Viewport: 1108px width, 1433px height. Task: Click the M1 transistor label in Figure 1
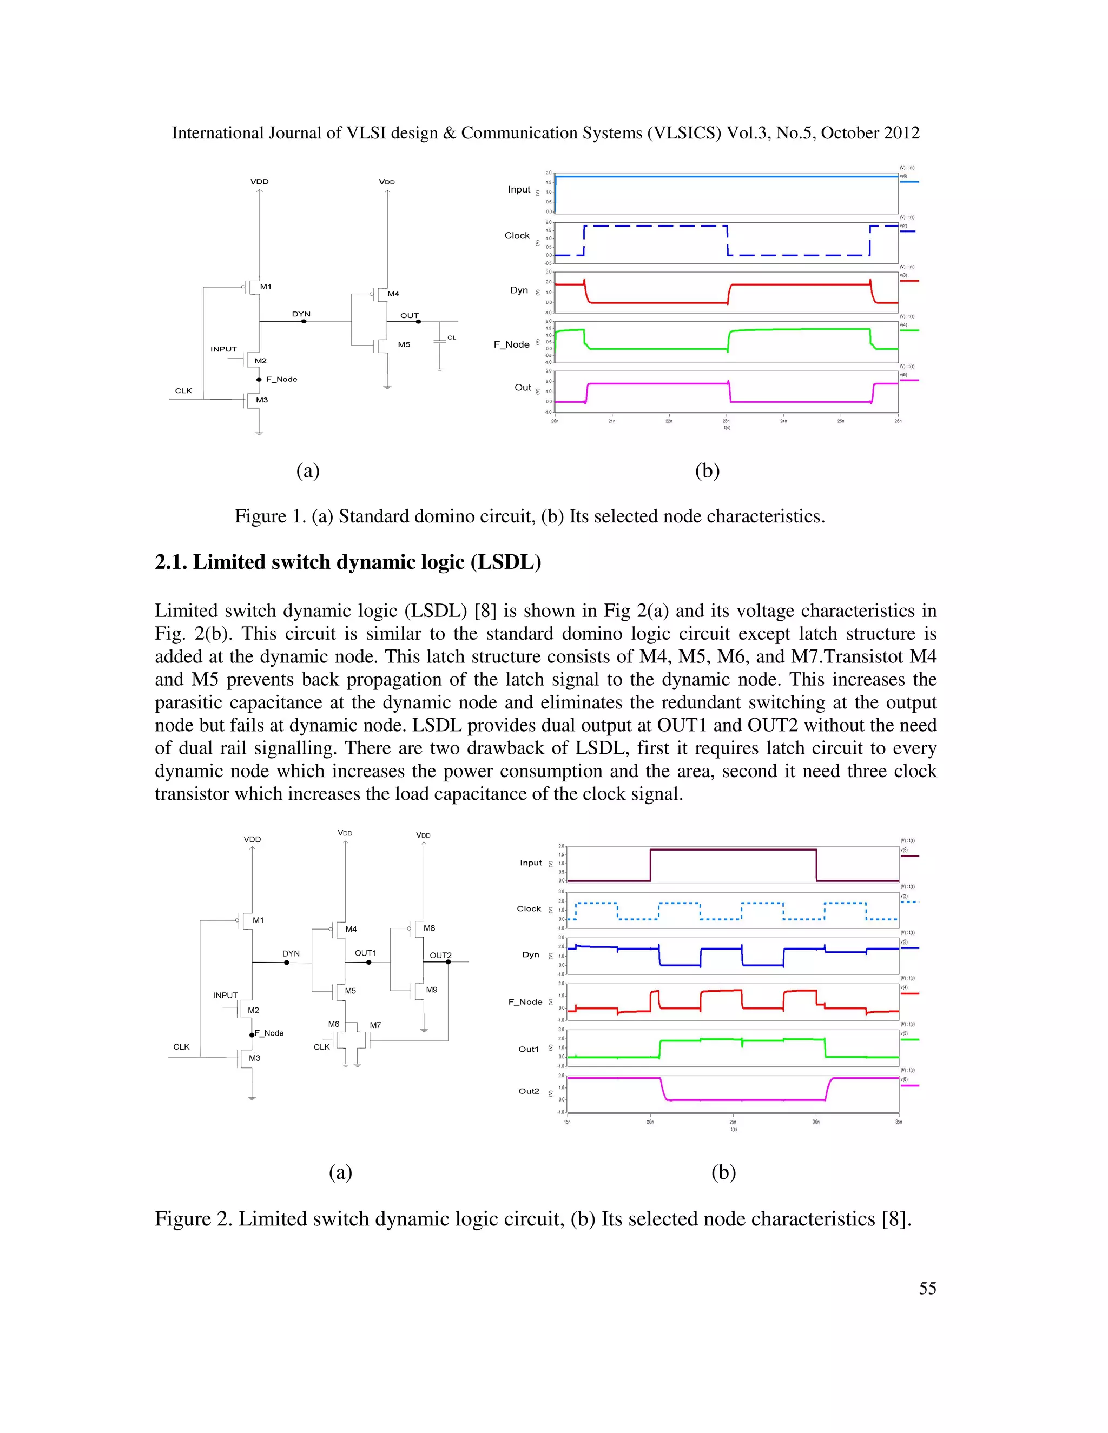(x=265, y=287)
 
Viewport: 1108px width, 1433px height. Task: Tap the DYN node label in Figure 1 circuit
(x=301, y=314)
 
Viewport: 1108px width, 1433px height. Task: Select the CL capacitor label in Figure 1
(x=452, y=337)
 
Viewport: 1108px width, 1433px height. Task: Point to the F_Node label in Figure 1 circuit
(x=281, y=379)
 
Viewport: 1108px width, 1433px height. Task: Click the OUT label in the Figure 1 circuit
(x=410, y=316)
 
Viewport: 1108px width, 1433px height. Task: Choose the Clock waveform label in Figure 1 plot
(x=517, y=236)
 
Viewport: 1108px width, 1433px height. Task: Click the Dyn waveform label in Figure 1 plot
(x=519, y=290)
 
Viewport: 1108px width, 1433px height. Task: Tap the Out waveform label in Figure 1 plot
(x=523, y=388)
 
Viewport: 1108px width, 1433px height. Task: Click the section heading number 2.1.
(x=170, y=562)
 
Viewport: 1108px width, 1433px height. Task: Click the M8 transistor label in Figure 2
(x=429, y=928)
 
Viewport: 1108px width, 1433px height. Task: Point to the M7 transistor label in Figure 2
(x=375, y=1025)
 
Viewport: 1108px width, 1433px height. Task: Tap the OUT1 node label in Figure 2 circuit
(x=366, y=953)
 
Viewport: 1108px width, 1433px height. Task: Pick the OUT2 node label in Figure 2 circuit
(x=440, y=956)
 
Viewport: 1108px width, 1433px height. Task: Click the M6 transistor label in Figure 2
(x=333, y=1024)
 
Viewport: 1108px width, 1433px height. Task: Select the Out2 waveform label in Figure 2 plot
(x=529, y=1091)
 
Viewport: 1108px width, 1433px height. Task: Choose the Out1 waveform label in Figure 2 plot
(x=529, y=1049)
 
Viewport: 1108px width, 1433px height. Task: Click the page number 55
(x=927, y=1288)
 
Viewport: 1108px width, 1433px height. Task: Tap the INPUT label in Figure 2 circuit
(x=225, y=996)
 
